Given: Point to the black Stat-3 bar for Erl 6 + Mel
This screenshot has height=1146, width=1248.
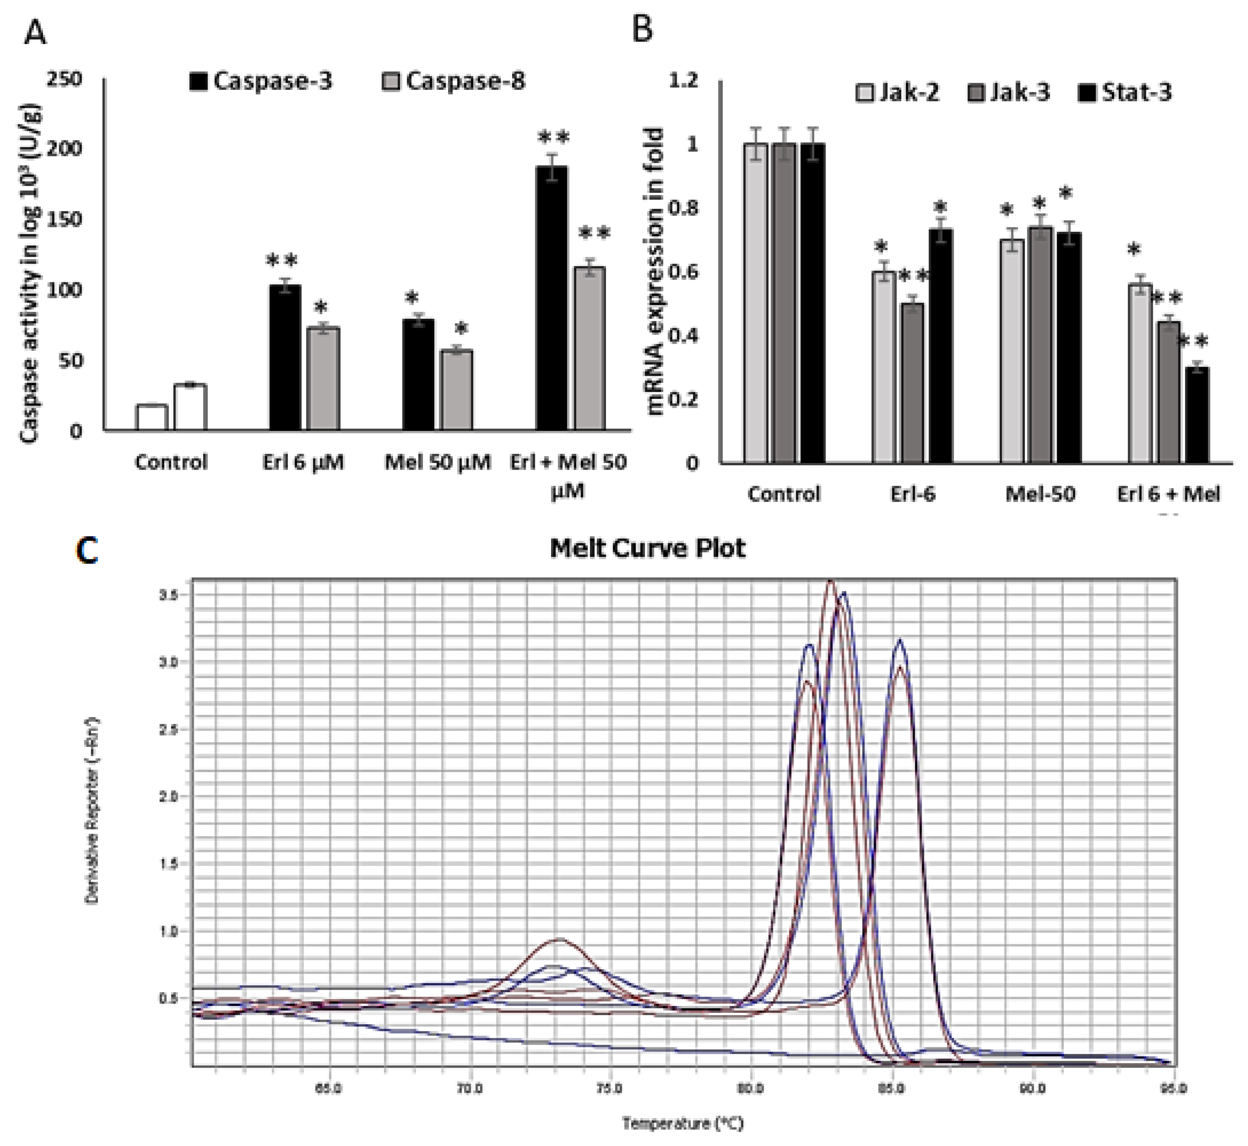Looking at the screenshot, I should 1197,415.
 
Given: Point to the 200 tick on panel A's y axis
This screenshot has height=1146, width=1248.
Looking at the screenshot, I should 65,149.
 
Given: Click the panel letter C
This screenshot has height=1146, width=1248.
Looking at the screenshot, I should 87,551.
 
